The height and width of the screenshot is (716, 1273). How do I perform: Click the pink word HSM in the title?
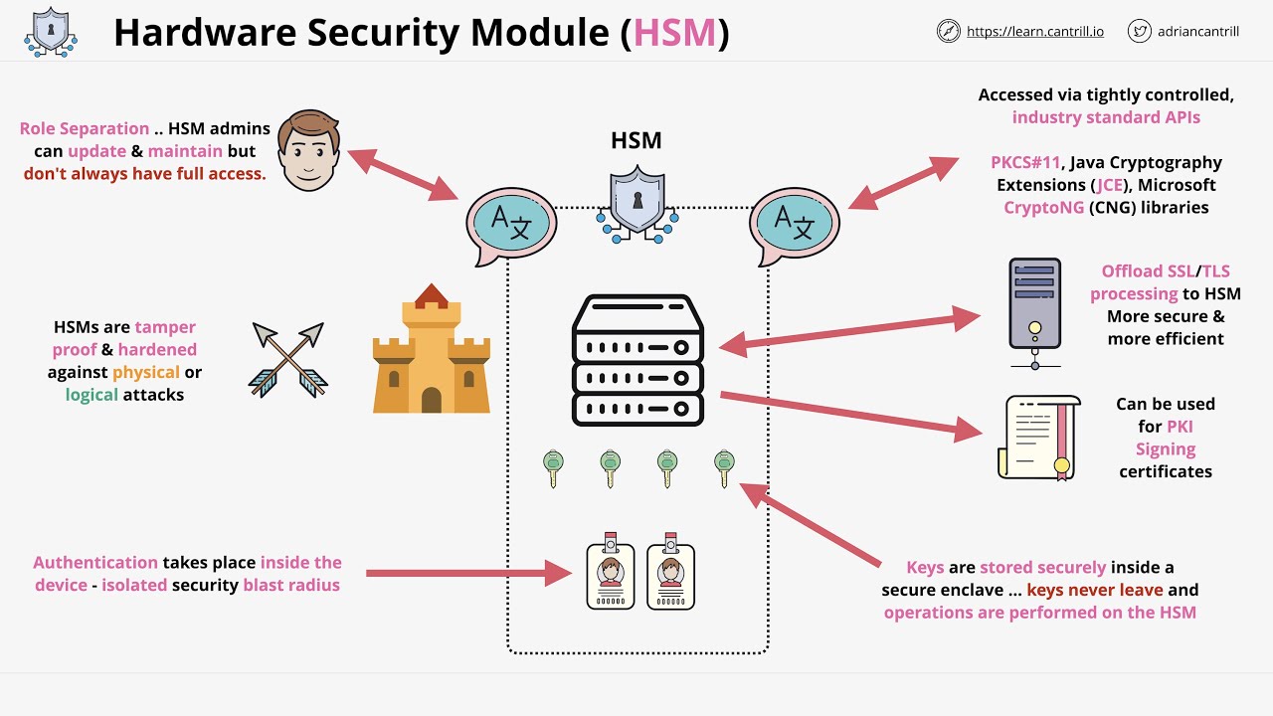pos(674,33)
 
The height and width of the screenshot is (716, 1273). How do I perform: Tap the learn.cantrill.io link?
pos(1035,32)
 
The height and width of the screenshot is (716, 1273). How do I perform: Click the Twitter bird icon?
pos(1140,32)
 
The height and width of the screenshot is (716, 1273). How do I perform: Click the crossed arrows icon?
pos(287,360)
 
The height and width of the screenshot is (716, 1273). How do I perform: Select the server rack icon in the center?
pos(637,361)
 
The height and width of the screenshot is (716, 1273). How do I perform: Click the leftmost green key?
pos(553,467)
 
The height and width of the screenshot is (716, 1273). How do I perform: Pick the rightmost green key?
pos(724,467)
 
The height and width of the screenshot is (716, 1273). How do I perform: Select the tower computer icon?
pos(1035,310)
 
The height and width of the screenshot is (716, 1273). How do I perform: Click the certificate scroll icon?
pos(1037,437)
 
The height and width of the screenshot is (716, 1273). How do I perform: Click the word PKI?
pos(1180,427)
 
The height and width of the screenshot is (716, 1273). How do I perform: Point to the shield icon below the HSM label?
pos(637,203)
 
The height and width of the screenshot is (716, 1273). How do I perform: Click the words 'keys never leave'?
pos(1094,590)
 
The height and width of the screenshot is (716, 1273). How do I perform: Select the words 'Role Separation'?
pos(85,128)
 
